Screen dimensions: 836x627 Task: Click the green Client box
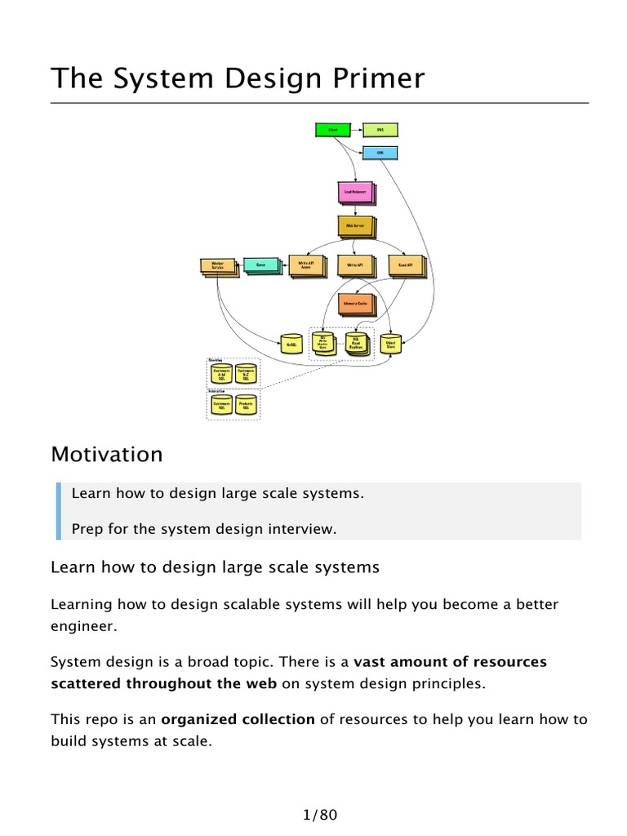[x=332, y=130]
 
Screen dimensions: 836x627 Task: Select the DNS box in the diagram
[x=380, y=130]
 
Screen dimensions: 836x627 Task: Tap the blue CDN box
[x=380, y=153]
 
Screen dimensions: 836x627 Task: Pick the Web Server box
[x=354, y=226]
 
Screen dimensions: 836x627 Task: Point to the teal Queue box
[x=260, y=265]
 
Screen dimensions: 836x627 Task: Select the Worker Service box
[x=217, y=266]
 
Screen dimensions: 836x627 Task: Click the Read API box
[x=405, y=266]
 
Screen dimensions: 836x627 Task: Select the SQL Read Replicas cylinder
[x=354, y=344]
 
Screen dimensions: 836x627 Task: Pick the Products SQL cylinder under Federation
[x=246, y=405]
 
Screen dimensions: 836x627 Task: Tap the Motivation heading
[x=106, y=454]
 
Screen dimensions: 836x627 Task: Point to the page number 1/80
[x=319, y=814]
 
